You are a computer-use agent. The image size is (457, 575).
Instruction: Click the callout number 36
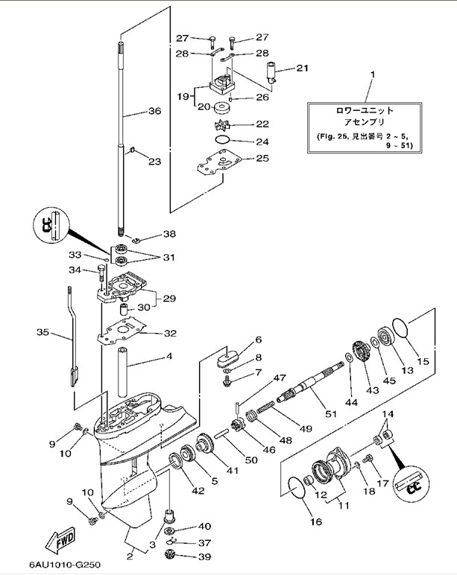pos(154,112)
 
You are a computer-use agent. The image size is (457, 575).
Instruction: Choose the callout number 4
pos(169,356)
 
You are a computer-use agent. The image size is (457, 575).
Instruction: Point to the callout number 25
pos(262,158)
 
